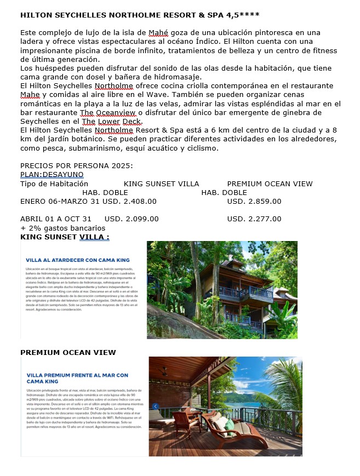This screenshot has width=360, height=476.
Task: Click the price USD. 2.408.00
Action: [129, 201]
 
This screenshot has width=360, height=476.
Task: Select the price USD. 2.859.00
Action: [254, 201]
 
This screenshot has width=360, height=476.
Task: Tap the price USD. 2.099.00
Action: [132, 219]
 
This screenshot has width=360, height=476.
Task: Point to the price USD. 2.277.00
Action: [254, 219]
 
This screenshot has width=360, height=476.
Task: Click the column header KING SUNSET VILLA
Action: [161, 183]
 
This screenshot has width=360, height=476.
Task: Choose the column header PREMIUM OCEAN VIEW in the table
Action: [270, 183]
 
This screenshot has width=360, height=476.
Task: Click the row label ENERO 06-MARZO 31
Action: [60, 201]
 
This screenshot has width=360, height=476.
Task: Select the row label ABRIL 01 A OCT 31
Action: [56, 219]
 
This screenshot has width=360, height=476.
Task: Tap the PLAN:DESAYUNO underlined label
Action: [52, 175]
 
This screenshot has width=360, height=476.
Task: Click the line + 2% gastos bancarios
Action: [62, 227]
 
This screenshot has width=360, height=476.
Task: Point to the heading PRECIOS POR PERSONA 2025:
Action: [77, 165]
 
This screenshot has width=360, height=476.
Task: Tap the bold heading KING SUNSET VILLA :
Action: [65, 237]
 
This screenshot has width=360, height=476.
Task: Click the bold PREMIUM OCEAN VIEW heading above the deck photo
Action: [68, 352]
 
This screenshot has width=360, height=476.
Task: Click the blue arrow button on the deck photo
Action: [155, 406]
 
